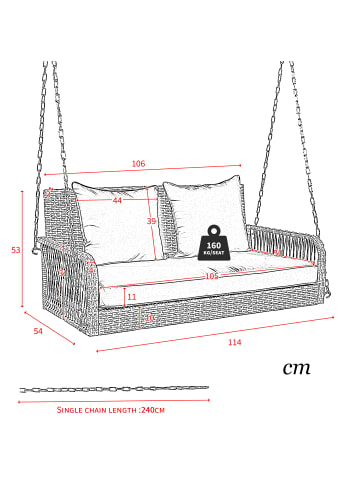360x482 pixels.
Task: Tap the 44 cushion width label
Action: [x=117, y=201]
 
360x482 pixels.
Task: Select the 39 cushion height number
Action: [x=152, y=221]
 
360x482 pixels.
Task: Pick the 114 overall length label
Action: [x=234, y=343]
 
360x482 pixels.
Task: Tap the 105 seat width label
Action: [x=211, y=276]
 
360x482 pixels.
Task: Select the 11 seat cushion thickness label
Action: [x=131, y=297]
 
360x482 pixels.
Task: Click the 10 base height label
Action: [x=150, y=318]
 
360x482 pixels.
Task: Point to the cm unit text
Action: [x=296, y=367]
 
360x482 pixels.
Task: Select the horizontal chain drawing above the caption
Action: [x=113, y=388]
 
